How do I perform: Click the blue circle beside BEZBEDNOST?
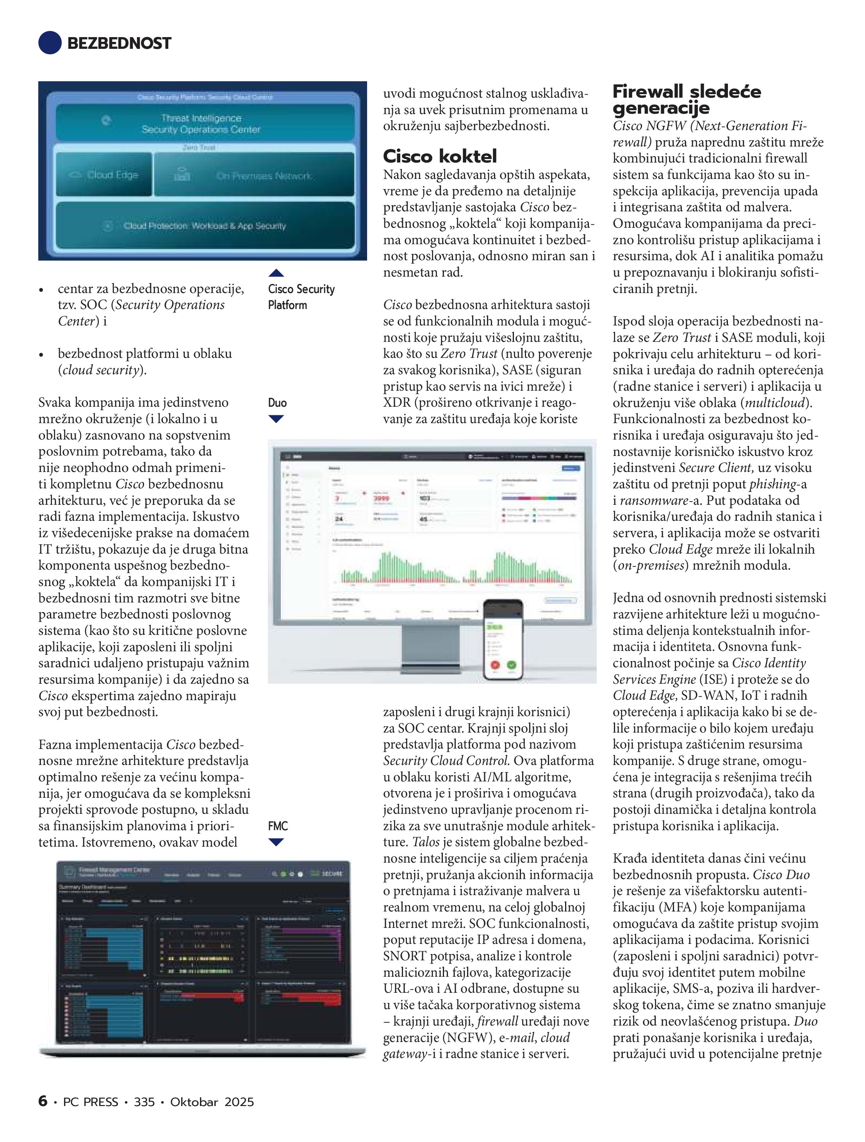pos(50,43)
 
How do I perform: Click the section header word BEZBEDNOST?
pos(119,43)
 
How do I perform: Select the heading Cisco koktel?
pos(440,156)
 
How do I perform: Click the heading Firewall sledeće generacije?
pos(687,100)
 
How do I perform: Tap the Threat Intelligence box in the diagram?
pos(205,124)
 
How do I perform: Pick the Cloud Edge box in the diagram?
pos(104,175)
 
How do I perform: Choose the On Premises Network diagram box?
pos(254,175)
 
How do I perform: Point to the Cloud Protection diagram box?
pos(205,225)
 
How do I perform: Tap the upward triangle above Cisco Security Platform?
pos(276,273)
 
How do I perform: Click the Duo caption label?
pos(277,403)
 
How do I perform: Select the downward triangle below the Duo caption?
pos(276,419)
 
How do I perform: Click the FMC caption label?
pos(278,826)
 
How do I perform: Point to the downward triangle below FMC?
pos(276,842)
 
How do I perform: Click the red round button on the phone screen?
pos(495,665)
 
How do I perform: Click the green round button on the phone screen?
pos(512,665)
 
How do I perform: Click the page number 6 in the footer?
pos(43,1101)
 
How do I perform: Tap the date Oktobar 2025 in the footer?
pos(212,1102)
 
